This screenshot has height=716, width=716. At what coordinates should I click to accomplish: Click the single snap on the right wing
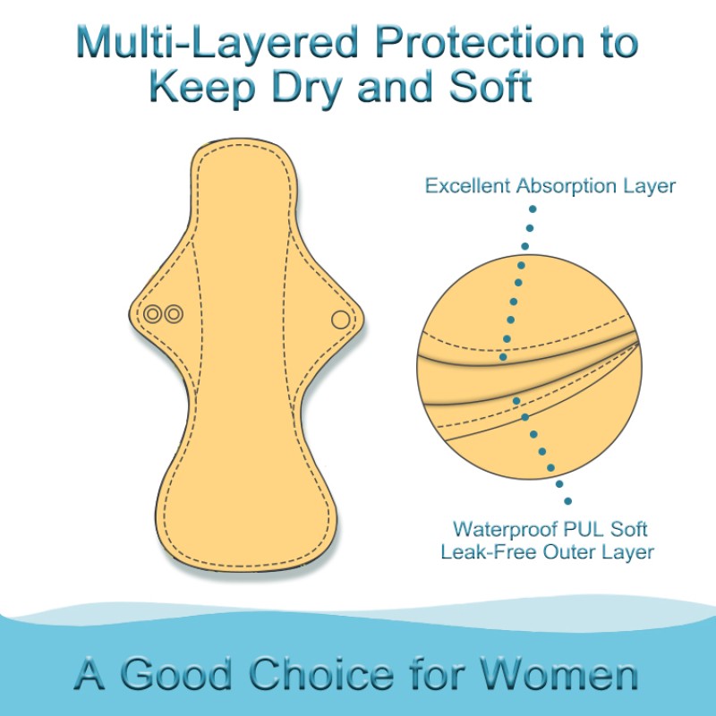click(x=340, y=320)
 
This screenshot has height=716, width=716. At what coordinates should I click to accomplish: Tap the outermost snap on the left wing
click(x=153, y=314)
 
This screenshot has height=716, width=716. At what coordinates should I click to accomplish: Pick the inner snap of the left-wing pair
click(x=173, y=314)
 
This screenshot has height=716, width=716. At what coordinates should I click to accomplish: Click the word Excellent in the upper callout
click(x=468, y=186)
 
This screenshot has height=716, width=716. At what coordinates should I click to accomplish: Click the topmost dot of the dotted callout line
click(x=532, y=209)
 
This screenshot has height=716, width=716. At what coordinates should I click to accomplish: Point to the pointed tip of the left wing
click(x=133, y=313)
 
